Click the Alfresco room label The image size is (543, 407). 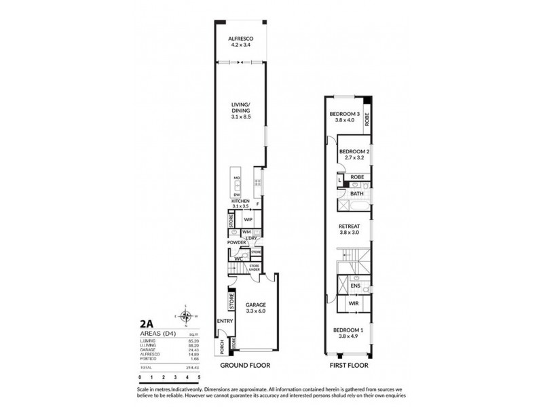(x=241, y=39)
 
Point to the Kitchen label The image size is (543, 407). (x=241, y=202)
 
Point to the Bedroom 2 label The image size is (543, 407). (x=354, y=151)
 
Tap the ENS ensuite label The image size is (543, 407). (x=354, y=286)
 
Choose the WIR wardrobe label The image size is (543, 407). (x=354, y=304)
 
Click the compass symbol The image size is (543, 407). (x=185, y=316)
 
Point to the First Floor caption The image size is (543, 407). (x=349, y=365)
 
